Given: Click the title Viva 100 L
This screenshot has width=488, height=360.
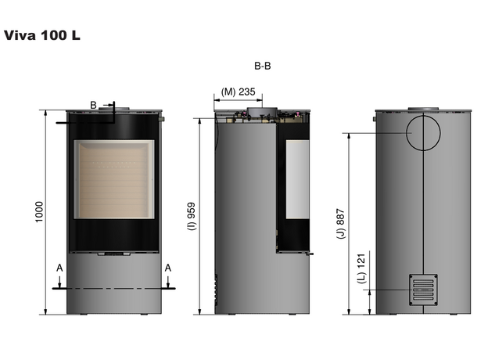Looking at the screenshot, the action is (42, 35).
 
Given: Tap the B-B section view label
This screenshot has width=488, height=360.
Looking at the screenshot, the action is (262, 66).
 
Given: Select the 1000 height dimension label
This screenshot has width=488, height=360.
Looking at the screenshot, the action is (39, 212).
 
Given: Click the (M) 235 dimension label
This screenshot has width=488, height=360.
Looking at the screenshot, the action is (238, 92).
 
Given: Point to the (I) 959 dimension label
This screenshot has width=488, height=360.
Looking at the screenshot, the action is (192, 216).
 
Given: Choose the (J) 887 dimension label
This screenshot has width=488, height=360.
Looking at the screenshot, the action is (341, 224).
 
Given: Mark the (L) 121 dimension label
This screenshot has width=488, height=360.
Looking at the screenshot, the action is (361, 268).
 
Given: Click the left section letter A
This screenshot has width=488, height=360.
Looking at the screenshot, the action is (59, 268).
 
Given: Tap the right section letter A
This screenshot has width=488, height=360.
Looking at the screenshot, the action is (167, 268).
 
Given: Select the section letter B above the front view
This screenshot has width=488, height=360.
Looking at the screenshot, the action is (93, 105).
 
